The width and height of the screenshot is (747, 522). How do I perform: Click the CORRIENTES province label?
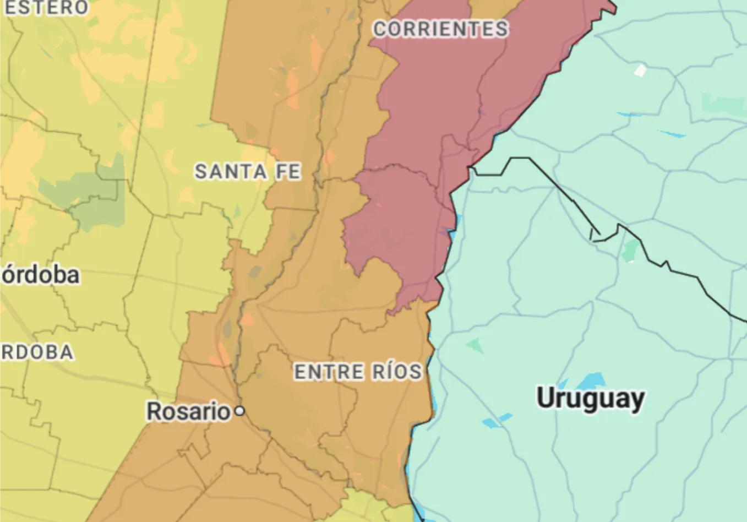pos(440,29)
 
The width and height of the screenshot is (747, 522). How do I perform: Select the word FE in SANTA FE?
pos(288,172)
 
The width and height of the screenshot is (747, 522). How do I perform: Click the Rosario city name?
pos(188,411)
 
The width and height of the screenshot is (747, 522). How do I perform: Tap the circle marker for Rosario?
pos(239,411)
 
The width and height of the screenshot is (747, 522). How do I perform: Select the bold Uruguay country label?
pos(590,398)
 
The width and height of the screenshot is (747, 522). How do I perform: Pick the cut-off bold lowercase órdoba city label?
pos(40,275)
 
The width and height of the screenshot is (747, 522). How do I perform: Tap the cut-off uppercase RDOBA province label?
pos(36,352)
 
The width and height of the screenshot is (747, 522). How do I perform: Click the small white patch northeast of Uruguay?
pos(640,70)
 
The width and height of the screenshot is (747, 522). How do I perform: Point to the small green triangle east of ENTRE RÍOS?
pos(475,346)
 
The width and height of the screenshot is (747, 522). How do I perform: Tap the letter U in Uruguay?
pos(546,398)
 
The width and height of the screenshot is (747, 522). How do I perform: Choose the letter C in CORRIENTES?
pos(380,29)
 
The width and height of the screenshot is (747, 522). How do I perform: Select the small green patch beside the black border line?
pos(630,251)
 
